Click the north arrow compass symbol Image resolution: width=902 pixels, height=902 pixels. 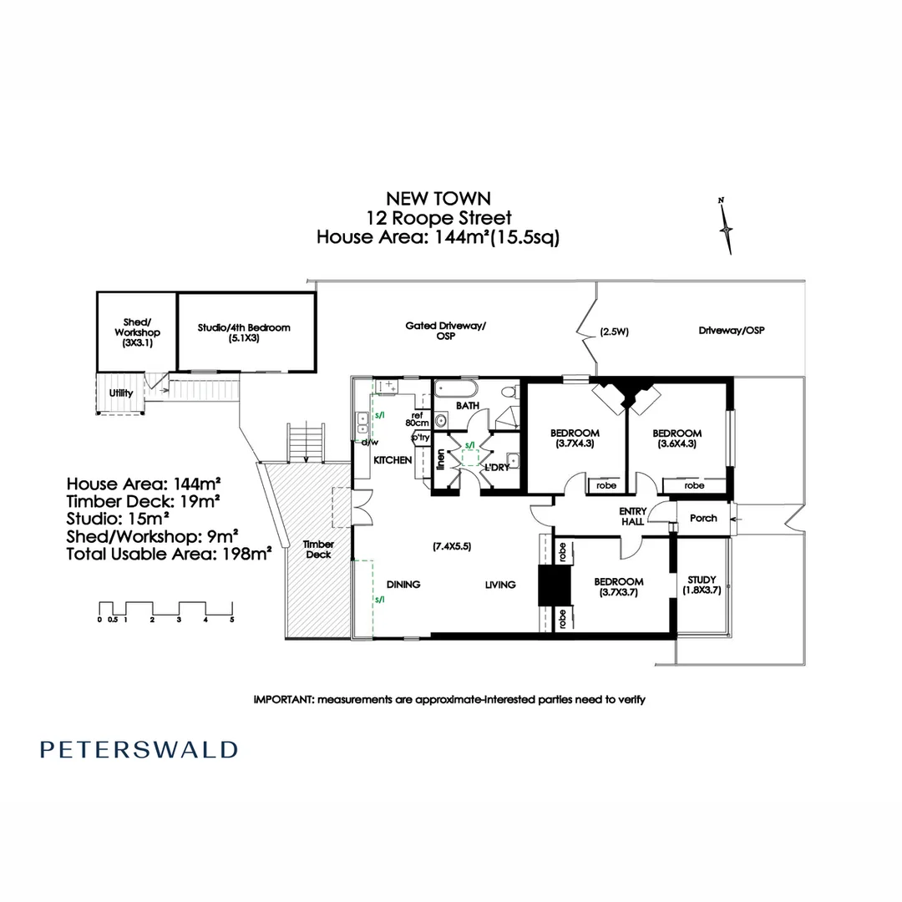[x=727, y=226]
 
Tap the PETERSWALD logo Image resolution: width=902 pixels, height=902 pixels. [x=139, y=749]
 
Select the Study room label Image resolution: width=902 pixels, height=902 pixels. [x=702, y=585]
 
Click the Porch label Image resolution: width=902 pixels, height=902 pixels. [x=703, y=518]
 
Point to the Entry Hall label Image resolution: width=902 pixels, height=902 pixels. [x=631, y=515]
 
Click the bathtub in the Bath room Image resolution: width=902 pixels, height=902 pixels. [x=456, y=388]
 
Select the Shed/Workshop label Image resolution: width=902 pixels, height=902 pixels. [x=138, y=332]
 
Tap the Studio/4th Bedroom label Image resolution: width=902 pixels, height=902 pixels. [x=244, y=333]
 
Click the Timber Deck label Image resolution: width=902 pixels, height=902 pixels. [x=318, y=549]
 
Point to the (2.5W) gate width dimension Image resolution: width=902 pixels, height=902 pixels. [x=614, y=332]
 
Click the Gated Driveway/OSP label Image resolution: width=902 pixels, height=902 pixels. [x=445, y=332]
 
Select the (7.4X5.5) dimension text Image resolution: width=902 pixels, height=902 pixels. [x=452, y=546]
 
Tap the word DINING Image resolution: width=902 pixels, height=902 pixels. [x=403, y=585]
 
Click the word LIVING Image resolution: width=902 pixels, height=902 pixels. [x=500, y=585]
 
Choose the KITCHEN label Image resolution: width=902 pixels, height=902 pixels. [x=393, y=460]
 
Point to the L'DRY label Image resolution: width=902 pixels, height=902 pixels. [x=496, y=468]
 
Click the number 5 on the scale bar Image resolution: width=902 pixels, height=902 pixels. [x=232, y=620]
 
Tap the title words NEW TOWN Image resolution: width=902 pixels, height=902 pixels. [x=438, y=198]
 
